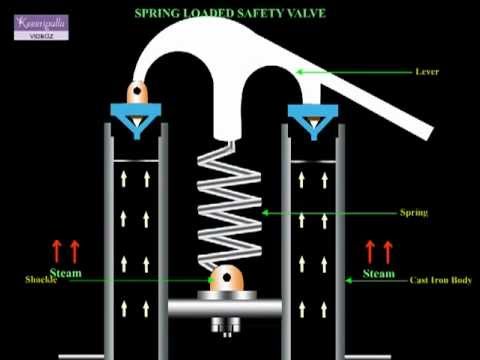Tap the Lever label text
coord(428,72)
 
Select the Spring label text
coord(413,213)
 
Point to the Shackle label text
coord(38,281)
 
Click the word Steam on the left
coord(65,272)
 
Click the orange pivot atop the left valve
coord(137,92)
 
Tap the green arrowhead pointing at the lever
coord(299,71)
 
